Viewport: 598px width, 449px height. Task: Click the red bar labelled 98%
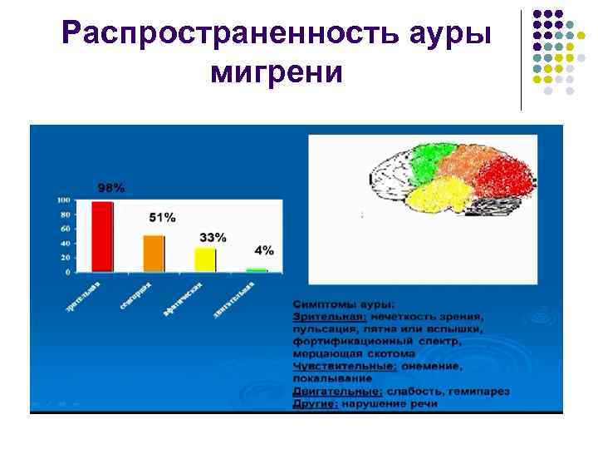click(102, 236)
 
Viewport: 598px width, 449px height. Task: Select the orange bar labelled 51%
click(154, 254)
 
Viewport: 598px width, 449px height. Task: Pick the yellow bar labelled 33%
click(205, 259)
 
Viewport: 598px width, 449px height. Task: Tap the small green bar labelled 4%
click(257, 270)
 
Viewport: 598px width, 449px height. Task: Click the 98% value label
click(110, 188)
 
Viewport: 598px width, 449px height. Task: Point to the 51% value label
click(162, 218)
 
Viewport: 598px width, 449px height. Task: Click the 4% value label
click(264, 250)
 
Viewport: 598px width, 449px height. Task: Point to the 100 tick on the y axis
click(63, 200)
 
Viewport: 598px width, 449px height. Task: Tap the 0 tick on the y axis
click(67, 272)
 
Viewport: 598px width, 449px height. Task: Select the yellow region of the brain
click(435, 200)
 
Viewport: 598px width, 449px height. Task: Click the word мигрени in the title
click(277, 73)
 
